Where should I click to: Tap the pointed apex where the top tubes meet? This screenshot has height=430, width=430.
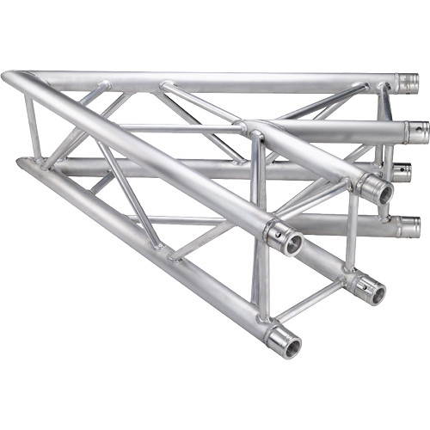[10, 78]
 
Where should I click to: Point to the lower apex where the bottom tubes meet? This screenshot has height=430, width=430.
[21, 162]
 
